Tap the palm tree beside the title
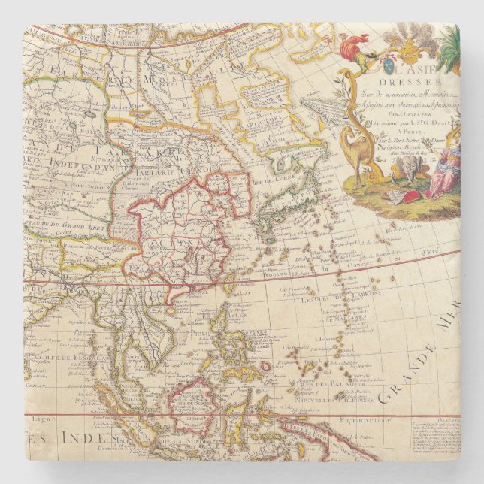coord(448,50)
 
